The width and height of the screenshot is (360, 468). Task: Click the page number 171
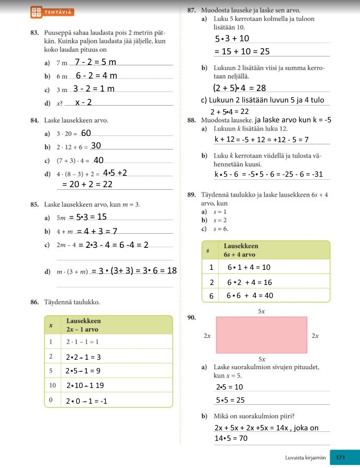pyautogui.click(x=341, y=457)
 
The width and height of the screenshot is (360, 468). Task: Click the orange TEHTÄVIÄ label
pyautogui.click(x=59, y=11)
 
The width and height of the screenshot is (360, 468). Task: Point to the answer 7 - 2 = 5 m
pyautogui.click(x=96, y=63)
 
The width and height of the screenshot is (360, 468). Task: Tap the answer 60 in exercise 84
pyautogui.click(x=86, y=133)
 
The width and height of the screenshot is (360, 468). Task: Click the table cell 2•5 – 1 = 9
pyautogui.click(x=84, y=371)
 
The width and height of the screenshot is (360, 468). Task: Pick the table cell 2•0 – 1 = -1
pyautogui.click(x=87, y=401)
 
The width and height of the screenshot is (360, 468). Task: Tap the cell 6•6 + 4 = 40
pyautogui.click(x=250, y=295)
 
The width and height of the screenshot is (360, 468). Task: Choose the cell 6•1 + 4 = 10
pyautogui.click(x=249, y=267)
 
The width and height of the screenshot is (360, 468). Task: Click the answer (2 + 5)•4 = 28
pyautogui.click(x=240, y=87)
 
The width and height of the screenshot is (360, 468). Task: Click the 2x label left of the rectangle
pyautogui.click(x=207, y=336)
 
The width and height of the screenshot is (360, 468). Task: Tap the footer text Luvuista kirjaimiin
pyautogui.click(x=305, y=457)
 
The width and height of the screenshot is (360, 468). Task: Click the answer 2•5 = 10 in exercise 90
pyautogui.click(x=230, y=387)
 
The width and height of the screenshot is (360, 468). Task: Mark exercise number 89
pyautogui.click(x=191, y=195)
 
